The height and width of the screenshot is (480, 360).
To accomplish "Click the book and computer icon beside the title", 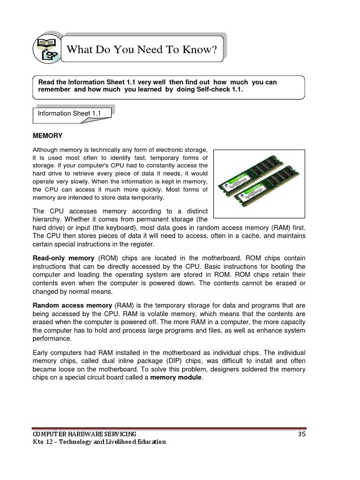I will tap(47, 49).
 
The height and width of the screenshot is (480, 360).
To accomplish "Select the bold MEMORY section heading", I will tap(47, 135).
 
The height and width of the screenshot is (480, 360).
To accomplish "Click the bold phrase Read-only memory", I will tap(63, 258).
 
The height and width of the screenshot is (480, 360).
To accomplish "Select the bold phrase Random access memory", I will tap(72, 305).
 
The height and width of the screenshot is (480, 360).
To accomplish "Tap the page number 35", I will tap(301, 434).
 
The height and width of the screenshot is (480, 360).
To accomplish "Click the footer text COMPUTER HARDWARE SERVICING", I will tap(84, 434).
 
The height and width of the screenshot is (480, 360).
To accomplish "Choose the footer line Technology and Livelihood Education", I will tap(111, 442).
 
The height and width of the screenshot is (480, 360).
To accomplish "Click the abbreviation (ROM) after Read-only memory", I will tap(108, 258).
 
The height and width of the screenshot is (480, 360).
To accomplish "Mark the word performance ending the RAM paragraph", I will tap(52, 338).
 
